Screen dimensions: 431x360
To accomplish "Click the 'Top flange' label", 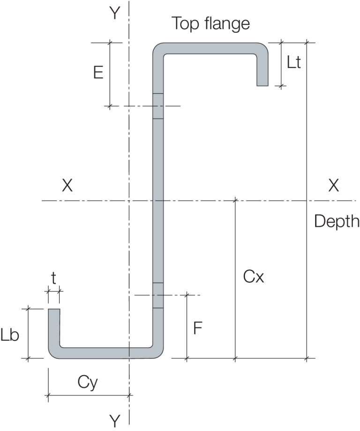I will [210, 23].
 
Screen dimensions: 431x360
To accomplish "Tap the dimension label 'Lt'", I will [293, 63].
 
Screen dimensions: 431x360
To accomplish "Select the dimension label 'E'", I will [98, 73].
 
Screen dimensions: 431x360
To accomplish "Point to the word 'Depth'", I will [337, 221].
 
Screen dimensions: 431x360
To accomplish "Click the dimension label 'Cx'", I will [254, 277].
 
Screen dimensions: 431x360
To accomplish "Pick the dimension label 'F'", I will [198, 328].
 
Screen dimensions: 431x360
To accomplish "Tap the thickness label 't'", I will [53, 279].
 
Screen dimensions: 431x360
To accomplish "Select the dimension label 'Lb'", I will [10, 335].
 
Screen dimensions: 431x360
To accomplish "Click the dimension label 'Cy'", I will [88, 383].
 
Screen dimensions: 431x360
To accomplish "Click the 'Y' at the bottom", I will [114, 422].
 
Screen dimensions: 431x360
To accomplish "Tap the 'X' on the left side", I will [67, 186].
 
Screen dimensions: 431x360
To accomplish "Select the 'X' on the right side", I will [333, 186].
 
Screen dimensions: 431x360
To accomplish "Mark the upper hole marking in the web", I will [158, 106].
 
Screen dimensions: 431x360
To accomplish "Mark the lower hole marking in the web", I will [158, 295].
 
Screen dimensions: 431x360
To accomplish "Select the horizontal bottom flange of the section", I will [105, 353].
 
